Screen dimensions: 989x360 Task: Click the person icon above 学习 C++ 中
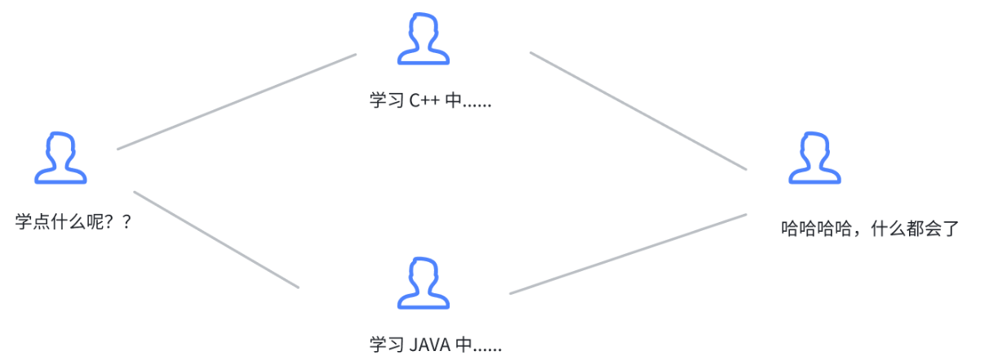423,38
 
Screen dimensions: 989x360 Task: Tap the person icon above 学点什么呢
60,158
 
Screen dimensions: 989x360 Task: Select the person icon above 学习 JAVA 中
423,283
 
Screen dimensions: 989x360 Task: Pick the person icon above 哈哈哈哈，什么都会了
814,158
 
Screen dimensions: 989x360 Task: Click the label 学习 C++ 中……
430,101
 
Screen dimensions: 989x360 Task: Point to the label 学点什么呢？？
73,221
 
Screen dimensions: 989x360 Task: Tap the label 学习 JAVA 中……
435,344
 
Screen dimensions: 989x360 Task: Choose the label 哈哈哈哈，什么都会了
868,229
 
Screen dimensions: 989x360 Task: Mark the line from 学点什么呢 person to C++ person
237,102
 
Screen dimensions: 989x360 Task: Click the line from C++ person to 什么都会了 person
638,111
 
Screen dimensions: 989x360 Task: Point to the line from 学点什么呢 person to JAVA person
216,239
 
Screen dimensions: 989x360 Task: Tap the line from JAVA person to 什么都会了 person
628,254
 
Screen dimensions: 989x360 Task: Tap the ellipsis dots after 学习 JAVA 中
488,347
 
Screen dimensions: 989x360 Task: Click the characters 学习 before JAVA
383,344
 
